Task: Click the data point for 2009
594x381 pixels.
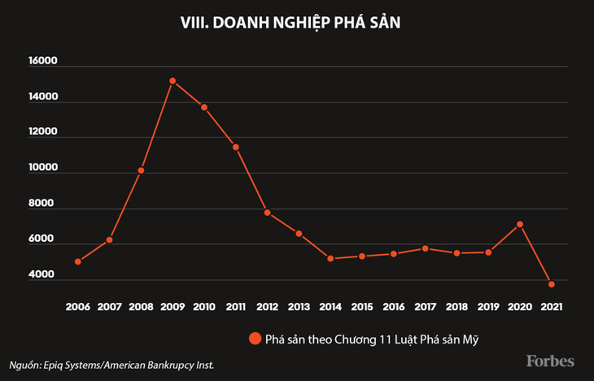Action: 173,81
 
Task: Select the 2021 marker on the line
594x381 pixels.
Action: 551,284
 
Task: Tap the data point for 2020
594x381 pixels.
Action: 520,224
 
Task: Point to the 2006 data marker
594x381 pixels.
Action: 78,261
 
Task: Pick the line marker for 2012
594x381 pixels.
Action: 267,212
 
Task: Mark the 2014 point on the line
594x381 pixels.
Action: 330,259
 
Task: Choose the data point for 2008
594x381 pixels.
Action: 141,170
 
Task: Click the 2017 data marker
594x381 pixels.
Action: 425,248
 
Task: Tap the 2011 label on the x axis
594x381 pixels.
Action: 235,307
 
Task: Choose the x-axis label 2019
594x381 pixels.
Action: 488,307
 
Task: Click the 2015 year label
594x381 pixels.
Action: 362,307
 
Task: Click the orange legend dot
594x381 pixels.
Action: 255,338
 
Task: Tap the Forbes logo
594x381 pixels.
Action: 549,360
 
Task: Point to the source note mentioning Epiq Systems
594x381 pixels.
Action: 111,364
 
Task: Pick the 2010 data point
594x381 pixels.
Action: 203,107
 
